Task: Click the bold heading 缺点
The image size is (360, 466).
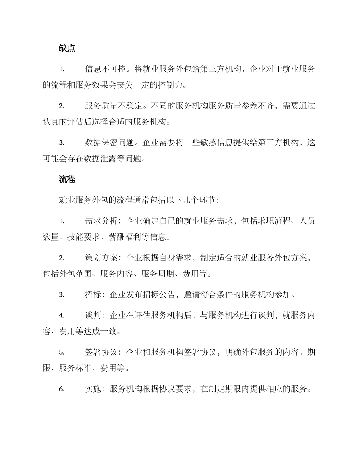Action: (67, 48)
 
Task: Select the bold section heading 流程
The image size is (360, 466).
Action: (67, 180)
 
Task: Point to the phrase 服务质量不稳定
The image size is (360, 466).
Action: (114, 106)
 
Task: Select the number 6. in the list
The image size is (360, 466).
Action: (62, 389)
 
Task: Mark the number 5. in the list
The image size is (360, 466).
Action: (62, 352)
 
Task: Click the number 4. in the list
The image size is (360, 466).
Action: (62, 316)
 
